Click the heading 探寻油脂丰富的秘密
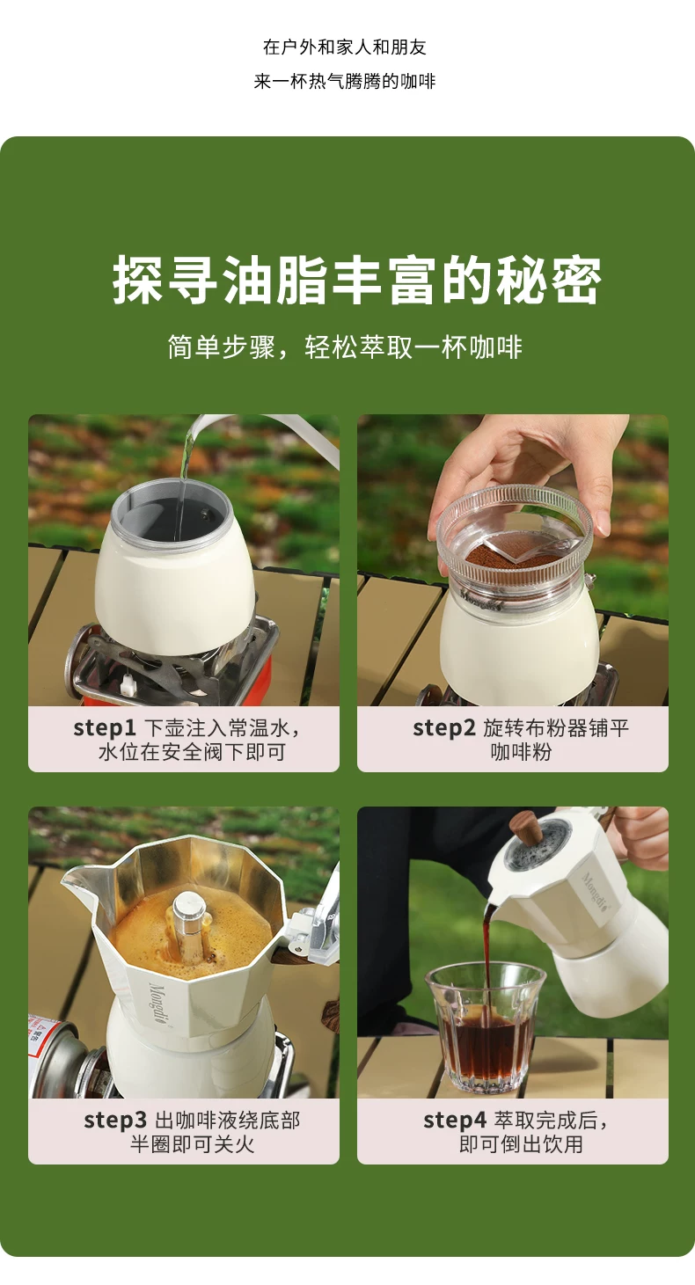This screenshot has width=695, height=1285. pyautogui.click(x=357, y=280)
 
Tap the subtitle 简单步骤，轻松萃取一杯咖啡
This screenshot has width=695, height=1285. pyautogui.click(x=346, y=347)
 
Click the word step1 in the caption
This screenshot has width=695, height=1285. pyautogui.click(x=105, y=728)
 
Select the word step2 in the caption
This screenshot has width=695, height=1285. pyautogui.click(x=444, y=728)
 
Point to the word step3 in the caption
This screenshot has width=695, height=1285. pyautogui.click(x=115, y=1121)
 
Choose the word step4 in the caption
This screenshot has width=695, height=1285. pyautogui.click(x=455, y=1121)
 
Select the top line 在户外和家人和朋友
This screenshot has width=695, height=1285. pyautogui.click(x=345, y=47)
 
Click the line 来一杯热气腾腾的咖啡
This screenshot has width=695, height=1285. pyautogui.click(x=345, y=81)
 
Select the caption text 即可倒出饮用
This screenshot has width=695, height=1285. pyautogui.click(x=521, y=1144)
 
